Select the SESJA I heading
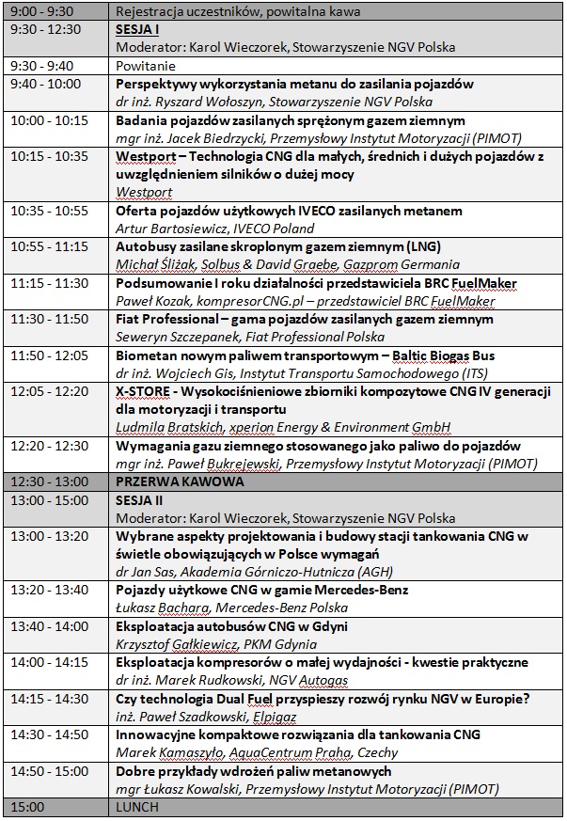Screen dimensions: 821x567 pyautogui.click(x=139, y=29)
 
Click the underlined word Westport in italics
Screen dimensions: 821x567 pyautogui.click(x=144, y=192)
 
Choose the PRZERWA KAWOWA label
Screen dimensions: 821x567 pyautogui.click(x=166, y=482)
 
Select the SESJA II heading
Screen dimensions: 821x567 pyautogui.click(x=141, y=499)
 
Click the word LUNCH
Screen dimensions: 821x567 pyautogui.click(x=134, y=807)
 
